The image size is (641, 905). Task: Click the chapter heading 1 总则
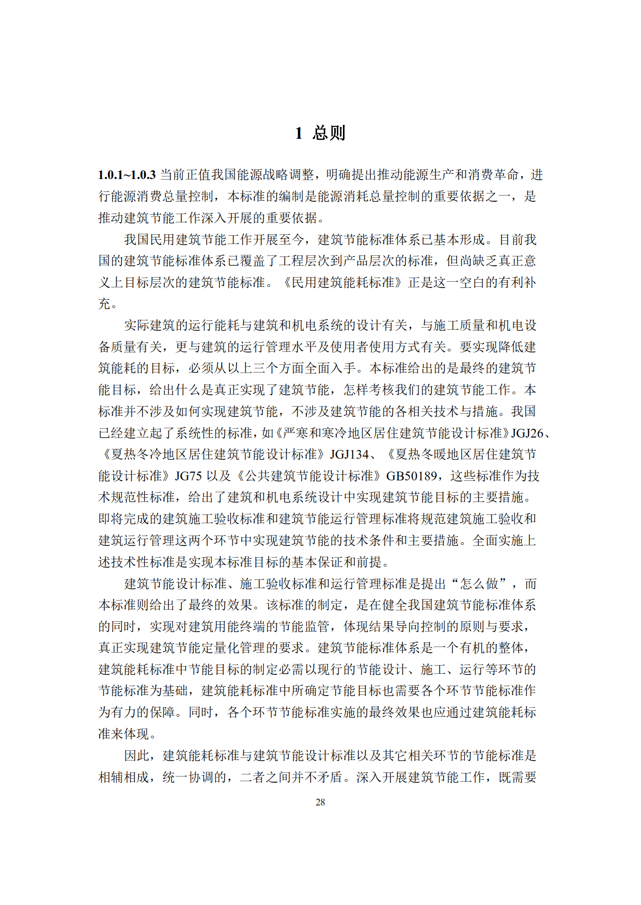click(x=320, y=133)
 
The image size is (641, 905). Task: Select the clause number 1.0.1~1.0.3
click(x=127, y=175)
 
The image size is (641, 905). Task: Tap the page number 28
click(x=320, y=802)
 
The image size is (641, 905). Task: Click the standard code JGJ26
click(x=527, y=433)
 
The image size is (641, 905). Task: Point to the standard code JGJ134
click(x=349, y=455)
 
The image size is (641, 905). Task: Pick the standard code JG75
click(x=188, y=476)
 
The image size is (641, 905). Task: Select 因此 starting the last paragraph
click(x=137, y=756)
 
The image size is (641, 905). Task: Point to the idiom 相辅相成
click(x=124, y=777)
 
